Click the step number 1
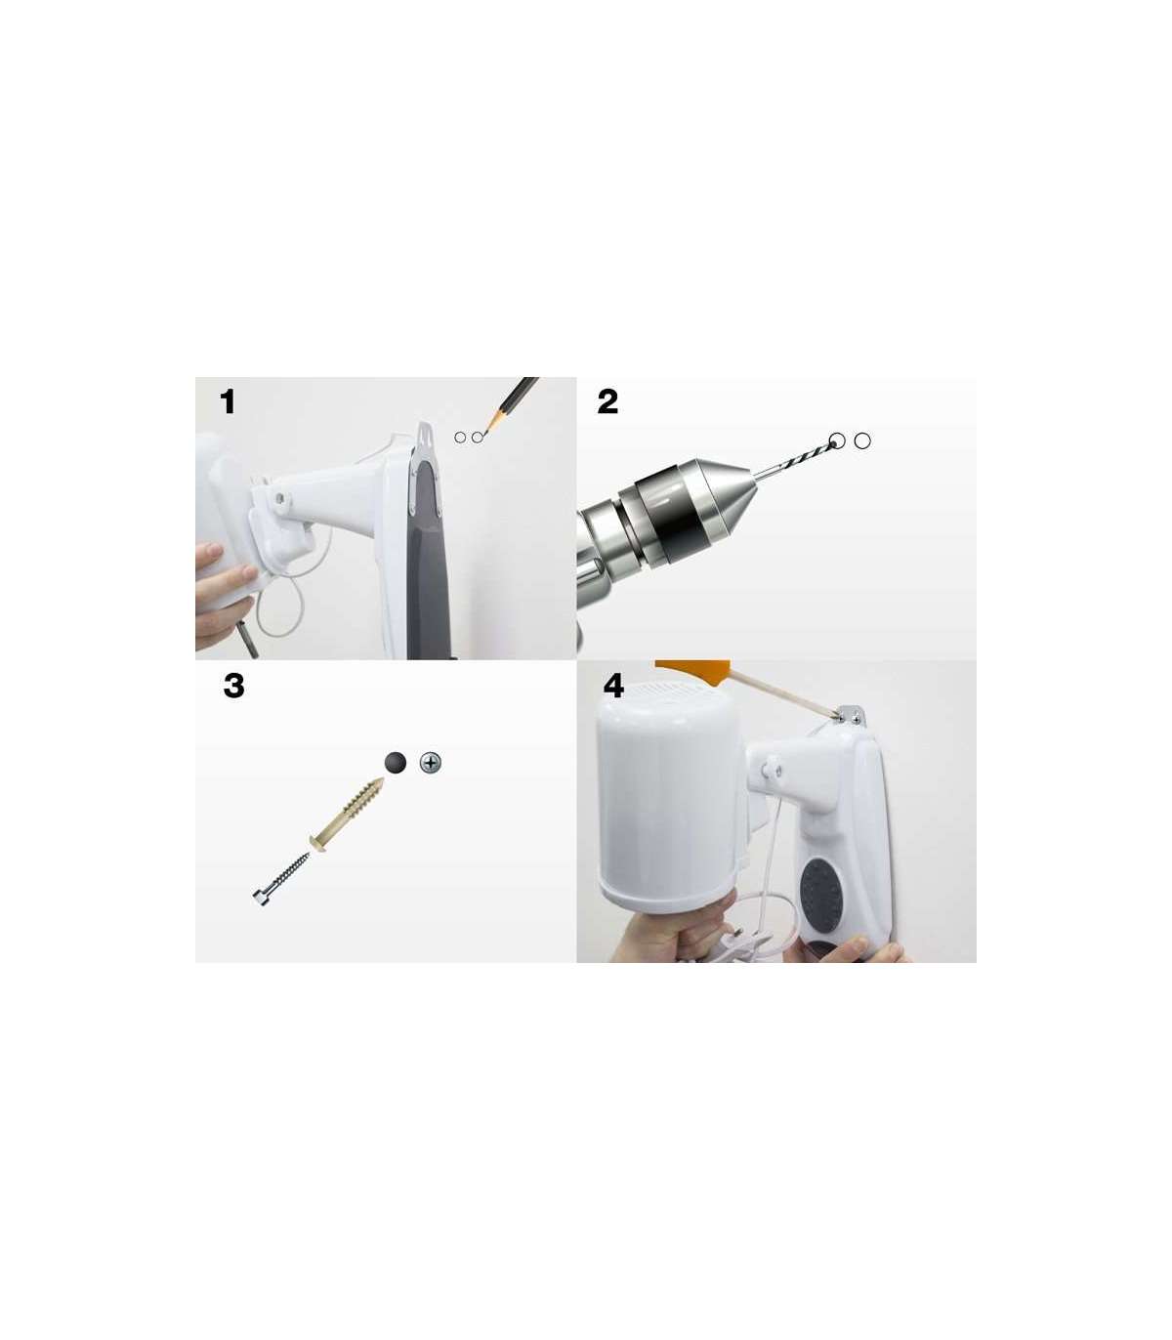(x=228, y=401)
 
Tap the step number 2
(x=607, y=401)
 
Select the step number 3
(x=233, y=686)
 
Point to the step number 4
(x=613, y=686)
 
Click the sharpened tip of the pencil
(x=483, y=435)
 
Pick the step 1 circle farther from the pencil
(x=460, y=437)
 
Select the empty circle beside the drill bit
(x=863, y=441)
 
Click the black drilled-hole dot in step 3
(x=395, y=763)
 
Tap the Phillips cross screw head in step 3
(x=430, y=763)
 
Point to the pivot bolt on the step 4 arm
(x=774, y=764)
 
